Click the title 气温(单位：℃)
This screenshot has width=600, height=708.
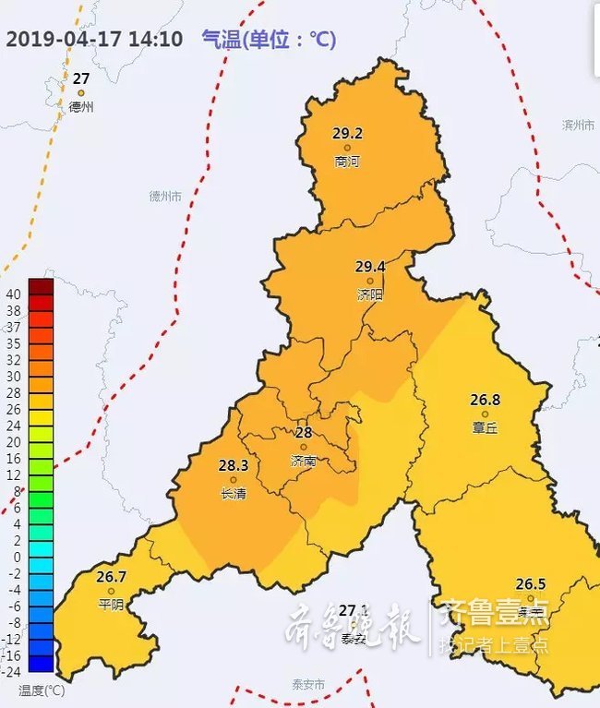tap(268, 41)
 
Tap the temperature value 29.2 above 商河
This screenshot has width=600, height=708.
tap(348, 133)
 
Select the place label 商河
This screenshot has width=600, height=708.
tap(347, 162)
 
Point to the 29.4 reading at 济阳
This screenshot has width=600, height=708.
tap(370, 266)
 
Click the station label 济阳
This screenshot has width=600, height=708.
tap(369, 294)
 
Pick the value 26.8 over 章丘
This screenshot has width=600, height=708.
tap(485, 400)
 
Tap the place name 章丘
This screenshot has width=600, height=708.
tap(485, 427)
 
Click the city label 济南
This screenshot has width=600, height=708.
tap(303, 461)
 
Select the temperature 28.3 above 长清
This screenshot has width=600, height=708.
tap(234, 465)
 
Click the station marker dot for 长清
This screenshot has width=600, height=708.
tap(234, 480)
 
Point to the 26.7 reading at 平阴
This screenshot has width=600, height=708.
tap(111, 577)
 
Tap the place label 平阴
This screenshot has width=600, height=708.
tap(111, 605)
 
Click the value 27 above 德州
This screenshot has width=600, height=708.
tap(81, 78)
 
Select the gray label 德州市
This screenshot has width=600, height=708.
tap(165, 197)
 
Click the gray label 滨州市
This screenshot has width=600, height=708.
tap(580, 125)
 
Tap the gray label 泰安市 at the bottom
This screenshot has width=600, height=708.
tap(308, 684)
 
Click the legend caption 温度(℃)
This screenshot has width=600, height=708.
tap(42, 690)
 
